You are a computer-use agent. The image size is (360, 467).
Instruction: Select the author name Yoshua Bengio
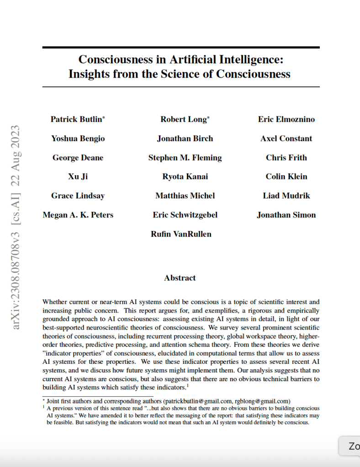pos(78,139)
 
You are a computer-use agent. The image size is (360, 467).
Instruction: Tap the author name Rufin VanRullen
pos(181,234)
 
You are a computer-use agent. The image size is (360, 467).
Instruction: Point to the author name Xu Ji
pos(78,177)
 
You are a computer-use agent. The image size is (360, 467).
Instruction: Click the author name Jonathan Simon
pos(286,215)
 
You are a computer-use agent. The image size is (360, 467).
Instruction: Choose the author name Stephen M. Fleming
pos(185,158)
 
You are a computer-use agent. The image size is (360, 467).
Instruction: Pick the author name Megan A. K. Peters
pos(78,215)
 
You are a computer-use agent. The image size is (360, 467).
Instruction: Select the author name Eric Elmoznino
pos(286,120)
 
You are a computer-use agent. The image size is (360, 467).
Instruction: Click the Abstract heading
pos(180,278)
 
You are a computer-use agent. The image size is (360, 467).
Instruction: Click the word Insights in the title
pos(89,73)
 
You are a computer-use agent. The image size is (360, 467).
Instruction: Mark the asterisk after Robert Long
pos(208,118)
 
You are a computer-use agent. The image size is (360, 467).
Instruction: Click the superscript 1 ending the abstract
pos(187,386)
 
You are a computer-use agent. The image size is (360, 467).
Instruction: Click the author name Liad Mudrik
pos(286,196)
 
